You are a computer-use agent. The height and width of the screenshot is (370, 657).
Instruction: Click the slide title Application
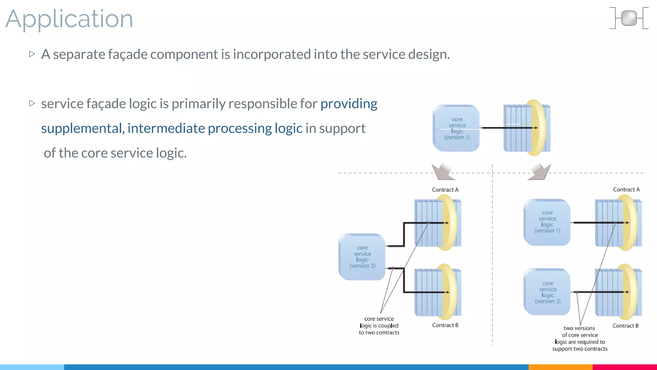[x=69, y=19]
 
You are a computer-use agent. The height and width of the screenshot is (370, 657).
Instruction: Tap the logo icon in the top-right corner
[x=629, y=18]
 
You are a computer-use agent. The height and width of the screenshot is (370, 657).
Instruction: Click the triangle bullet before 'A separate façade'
[x=32, y=54]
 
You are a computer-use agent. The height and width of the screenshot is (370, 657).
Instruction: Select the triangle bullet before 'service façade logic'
[x=32, y=103]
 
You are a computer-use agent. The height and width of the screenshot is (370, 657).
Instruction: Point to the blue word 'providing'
[x=349, y=103]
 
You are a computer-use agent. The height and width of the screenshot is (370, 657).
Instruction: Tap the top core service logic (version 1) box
[x=456, y=128]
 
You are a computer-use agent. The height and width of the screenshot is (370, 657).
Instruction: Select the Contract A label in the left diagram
[x=445, y=190]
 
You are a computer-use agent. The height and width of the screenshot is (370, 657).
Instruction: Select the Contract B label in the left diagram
[x=445, y=325]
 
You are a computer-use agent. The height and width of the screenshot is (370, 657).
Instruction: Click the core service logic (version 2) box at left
[x=362, y=257]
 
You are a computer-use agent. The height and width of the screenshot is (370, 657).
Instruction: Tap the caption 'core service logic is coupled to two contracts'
[x=379, y=326]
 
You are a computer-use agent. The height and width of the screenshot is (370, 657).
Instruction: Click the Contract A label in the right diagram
[x=626, y=189]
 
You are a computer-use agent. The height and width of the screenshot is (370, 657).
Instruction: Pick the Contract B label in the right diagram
[x=625, y=326]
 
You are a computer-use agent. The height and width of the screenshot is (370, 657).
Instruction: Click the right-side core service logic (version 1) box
[x=547, y=222]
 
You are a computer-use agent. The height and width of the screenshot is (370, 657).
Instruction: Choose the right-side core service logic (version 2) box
[x=547, y=292]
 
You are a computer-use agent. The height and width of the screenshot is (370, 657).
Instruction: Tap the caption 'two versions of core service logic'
[x=580, y=338]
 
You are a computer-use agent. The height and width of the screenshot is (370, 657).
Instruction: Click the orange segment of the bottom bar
[x=560, y=367]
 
